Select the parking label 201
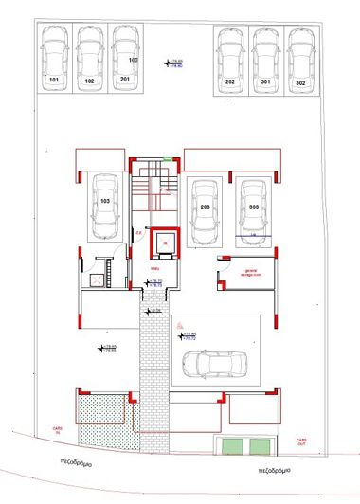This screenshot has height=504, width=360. point(125,81)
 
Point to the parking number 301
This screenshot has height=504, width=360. point(264,82)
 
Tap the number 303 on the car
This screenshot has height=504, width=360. point(253,206)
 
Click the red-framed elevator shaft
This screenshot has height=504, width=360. point(164,244)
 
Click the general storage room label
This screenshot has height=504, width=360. point(251,271)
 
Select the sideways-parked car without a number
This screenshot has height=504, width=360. point(209,364)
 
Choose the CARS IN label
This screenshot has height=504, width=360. point(56,432)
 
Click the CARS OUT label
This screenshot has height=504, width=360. point(301,441)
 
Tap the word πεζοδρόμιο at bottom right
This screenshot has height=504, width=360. point(276,470)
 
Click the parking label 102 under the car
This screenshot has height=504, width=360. point(89,82)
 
